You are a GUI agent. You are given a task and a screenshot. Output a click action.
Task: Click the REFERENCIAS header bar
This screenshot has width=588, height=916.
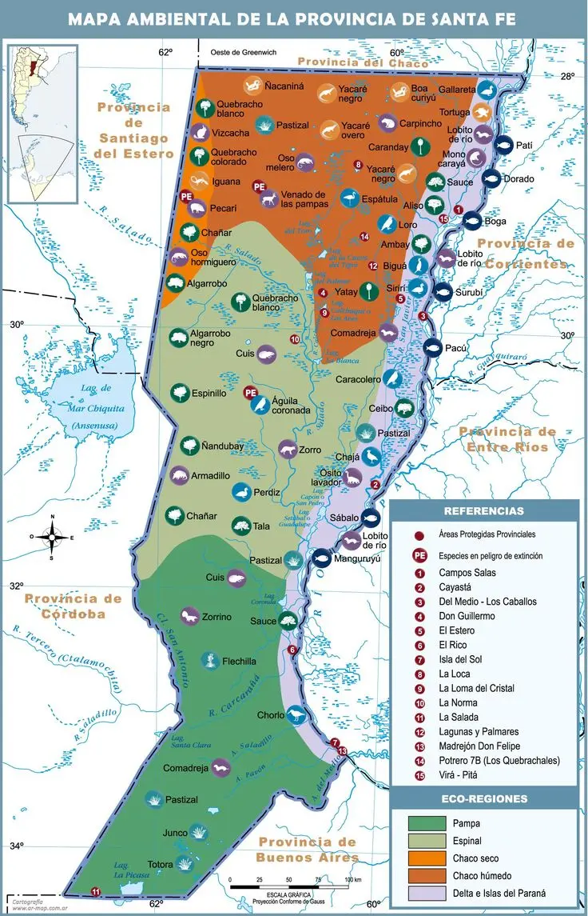483,511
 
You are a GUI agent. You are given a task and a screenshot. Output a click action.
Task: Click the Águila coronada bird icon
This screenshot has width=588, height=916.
259,405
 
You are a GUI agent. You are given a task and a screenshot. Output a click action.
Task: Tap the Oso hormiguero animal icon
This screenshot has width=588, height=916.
177,258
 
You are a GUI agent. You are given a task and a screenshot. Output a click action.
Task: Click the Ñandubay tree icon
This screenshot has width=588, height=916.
189,445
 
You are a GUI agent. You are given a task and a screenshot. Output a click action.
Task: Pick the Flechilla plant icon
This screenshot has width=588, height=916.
209,661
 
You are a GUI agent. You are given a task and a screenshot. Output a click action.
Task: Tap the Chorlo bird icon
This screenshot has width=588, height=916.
296,714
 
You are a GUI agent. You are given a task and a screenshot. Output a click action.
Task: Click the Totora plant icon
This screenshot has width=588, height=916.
184,864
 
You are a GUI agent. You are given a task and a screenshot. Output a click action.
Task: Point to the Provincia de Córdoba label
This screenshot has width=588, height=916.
73,606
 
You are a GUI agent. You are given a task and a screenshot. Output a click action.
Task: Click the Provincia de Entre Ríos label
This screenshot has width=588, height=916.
507,439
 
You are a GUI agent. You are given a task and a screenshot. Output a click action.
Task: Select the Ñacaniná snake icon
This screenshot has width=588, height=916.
252,84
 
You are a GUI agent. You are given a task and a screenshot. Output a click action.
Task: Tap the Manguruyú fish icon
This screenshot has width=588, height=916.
321,558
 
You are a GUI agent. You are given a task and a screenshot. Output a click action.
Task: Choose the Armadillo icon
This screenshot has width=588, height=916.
179,475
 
